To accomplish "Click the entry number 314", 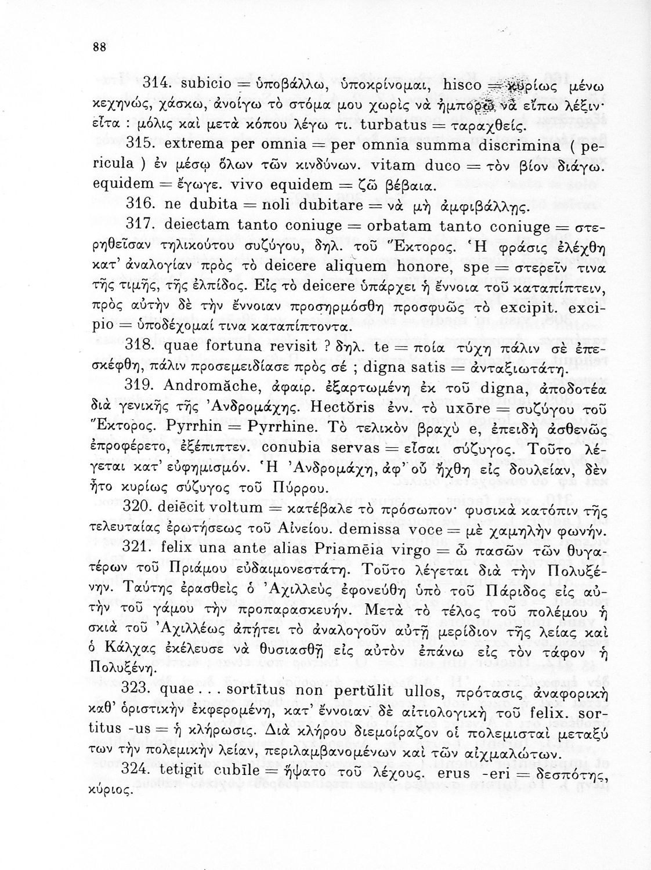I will (140, 84).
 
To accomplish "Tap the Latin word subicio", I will (188, 84).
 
